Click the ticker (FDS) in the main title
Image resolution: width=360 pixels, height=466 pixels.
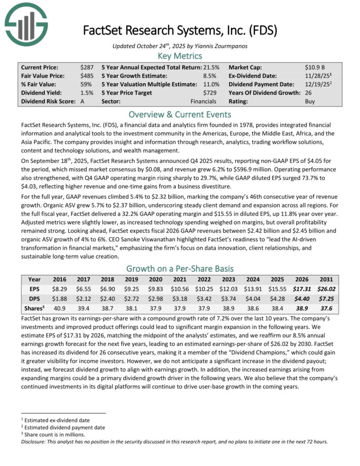[264, 30]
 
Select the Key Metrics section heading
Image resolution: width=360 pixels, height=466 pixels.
[180, 56]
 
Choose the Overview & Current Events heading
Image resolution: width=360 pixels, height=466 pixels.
[180, 114]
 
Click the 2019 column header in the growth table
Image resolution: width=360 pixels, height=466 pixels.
[131, 279]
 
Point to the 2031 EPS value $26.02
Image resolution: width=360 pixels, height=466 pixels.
[324, 289]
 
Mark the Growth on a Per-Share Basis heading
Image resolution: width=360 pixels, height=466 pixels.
[180, 268]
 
